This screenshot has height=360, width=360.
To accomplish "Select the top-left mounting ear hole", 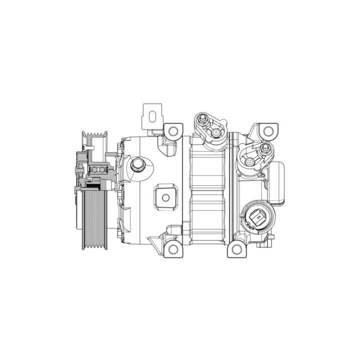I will click(x=172, y=132).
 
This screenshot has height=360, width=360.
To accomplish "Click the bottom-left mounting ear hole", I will click(x=172, y=248).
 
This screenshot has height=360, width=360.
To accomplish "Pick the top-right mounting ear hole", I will click(x=268, y=131).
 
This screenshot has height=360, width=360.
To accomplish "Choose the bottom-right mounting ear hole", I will click(x=236, y=248).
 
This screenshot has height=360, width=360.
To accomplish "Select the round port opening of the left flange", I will click(x=215, y=132).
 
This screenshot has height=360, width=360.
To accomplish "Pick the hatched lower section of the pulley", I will click(x=93, y=220).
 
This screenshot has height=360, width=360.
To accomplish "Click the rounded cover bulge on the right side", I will click(x=280, y=182).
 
